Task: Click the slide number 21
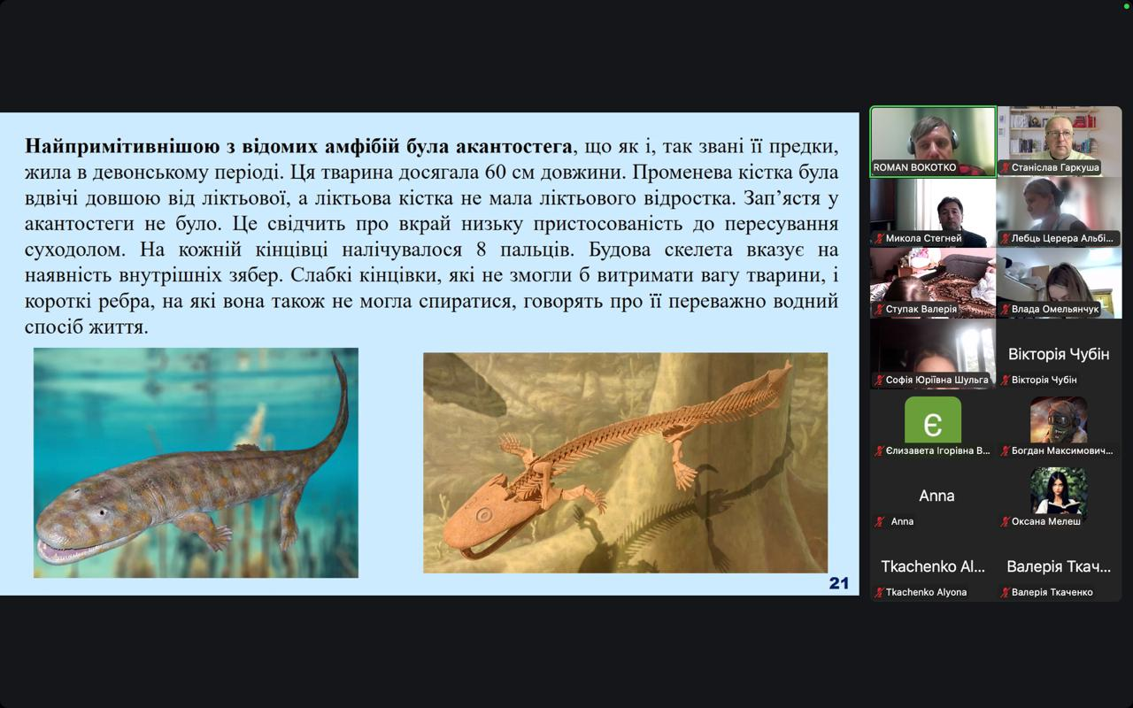point(838,583)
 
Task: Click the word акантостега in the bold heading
point(514,146)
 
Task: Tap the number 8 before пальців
point(482,250)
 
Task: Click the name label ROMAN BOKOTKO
point(914,167)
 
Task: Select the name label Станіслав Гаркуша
point(1055,167)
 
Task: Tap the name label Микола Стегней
point(923,238)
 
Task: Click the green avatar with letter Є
point(933,419)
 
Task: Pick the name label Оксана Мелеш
point(1046,521)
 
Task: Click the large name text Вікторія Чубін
point(1059,354)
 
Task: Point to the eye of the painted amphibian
point(103,512)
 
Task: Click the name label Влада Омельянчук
point(1055,309)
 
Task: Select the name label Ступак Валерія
point(921,309)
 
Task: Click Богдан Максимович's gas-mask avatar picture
point(1059,419)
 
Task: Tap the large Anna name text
point(936,496)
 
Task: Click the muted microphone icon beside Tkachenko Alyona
point(880,592)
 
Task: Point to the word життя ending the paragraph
point(119,327)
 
